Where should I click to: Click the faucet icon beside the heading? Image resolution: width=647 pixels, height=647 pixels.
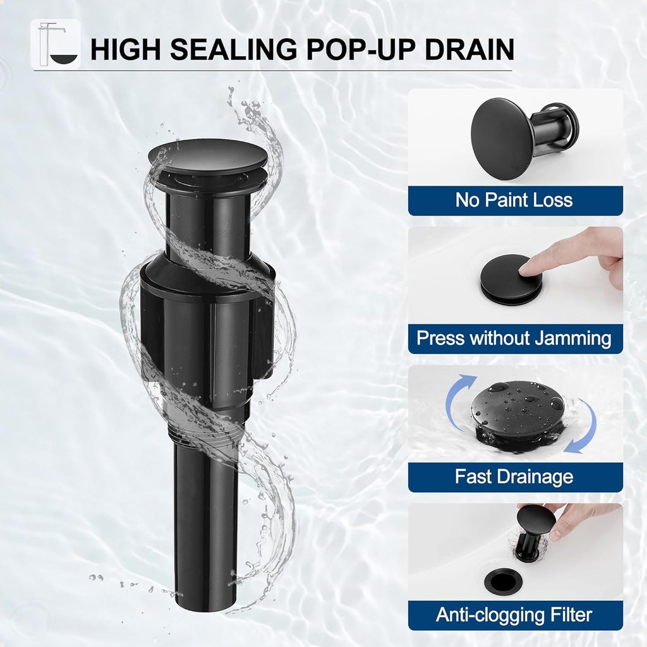coord(56,44)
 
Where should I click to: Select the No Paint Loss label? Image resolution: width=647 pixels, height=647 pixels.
coord(514,200)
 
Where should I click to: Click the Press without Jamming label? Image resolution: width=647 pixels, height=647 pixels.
coord(514,339)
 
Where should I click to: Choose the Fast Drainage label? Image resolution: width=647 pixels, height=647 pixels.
coord(514,476)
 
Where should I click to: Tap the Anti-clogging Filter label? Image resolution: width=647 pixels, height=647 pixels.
coord(514,615)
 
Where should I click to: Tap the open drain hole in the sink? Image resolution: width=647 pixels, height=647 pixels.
coord(504,582)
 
